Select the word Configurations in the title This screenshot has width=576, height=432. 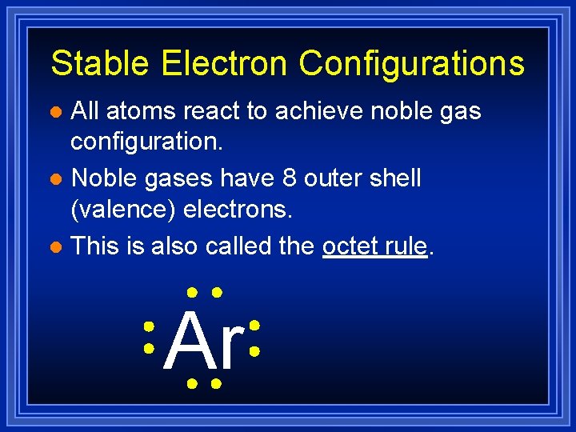coord(411,63)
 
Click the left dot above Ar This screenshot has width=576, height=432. coord(192,294)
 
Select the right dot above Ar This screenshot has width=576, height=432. coord(216,294)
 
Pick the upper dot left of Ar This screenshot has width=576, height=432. coord(149,327)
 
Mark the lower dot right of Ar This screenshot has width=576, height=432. coord(254,350)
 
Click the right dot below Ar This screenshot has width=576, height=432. coord(216,385)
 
